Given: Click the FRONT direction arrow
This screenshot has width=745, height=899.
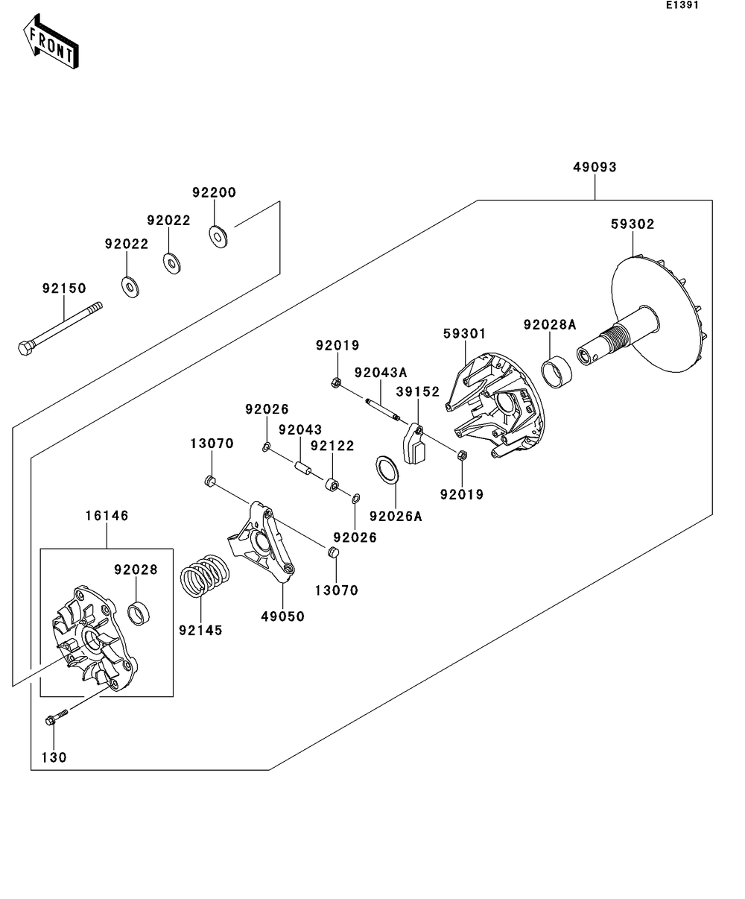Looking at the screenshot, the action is click(51, 42).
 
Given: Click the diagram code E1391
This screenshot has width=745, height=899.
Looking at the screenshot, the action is click(682, 5).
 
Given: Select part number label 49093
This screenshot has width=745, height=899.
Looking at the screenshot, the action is click(595, 167).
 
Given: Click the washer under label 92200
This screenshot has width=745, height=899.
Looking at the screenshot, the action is click(218, 236).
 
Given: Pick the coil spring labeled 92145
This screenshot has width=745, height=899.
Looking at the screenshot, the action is click(204, 575).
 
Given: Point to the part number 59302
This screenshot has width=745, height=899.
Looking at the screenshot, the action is click(633, 224).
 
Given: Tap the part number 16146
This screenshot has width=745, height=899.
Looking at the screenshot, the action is click(107, 516).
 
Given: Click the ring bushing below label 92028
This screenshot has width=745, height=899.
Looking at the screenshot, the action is click(139, 614).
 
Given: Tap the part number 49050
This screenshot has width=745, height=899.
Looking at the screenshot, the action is click(283, 616).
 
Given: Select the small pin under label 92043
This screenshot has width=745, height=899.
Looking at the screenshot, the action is click(302, 467).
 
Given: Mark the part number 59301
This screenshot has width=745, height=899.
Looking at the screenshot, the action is click(465, 334).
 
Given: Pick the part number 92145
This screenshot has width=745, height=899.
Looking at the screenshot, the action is click(200, 631).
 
